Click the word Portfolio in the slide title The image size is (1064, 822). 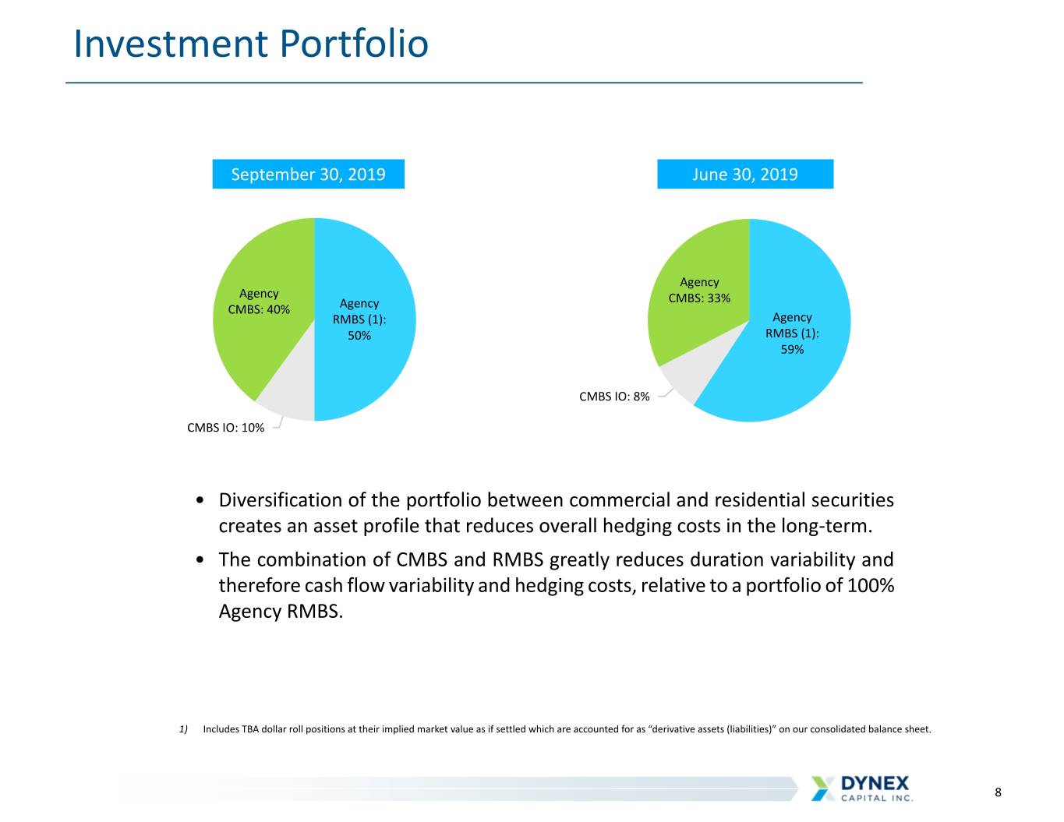pyautogui.click(x=354, y=44)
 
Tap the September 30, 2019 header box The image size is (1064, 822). pyautogui.click(x=308, y=174)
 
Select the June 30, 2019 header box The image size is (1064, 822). pyautogui.click(x=744, y=174)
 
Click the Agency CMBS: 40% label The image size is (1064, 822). pyautogui.click(x=259, y=302)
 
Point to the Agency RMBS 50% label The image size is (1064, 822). pyautogui.click(x=359, y=319)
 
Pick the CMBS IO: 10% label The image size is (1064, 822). pyautogui.click(x=225, y=428)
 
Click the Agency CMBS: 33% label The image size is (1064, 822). pyautogui.click(x=699, y=290)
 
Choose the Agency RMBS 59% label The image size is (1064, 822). pyautogui.click(x=792, y=333)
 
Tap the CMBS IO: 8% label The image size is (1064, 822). pyautogui.click(x=614, y=397)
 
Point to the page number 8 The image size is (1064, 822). pyautogui.click(x=998, y=792)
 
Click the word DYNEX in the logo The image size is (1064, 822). pyautogui.click(x=875, y=783)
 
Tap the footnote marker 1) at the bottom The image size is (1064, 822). pyautogui.click(x=184, y=729)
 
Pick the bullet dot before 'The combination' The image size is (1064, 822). pyautogui.click(x=200, y=559)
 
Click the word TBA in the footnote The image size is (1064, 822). pyautogui.click(x=250, y=729)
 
